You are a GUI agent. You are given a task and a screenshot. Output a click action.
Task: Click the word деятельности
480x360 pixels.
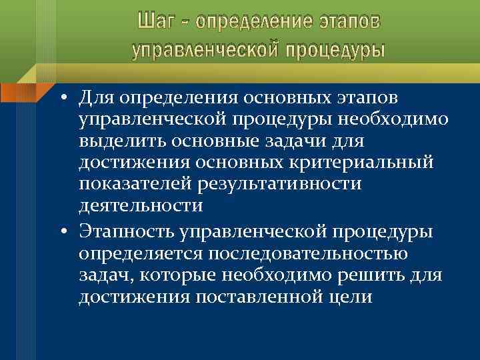140,205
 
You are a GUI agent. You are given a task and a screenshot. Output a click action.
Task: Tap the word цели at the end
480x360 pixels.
352,297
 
